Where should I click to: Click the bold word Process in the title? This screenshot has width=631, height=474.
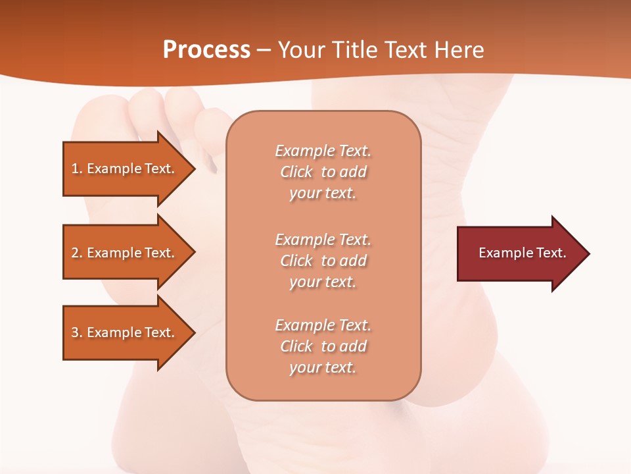coord(206,50)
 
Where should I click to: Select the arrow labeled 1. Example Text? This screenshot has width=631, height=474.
coord(125,169)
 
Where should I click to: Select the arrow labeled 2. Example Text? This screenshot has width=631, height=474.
coord(125,252)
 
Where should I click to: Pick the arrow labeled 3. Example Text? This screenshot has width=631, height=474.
coord(125,332)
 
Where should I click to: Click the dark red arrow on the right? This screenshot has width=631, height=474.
coord(519,253)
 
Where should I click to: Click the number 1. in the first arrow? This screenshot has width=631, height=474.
coord(77,169)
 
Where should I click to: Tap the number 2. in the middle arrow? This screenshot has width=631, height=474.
coord(77,253)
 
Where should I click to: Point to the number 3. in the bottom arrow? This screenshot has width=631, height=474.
coord(77,332)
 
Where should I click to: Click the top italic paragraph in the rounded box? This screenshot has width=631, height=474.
coord(323,172)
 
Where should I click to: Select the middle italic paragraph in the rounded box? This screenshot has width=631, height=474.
coord(323,260)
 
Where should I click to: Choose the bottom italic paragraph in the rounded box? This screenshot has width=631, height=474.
coord(323,346)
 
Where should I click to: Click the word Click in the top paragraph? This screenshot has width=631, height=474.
coord(296,172)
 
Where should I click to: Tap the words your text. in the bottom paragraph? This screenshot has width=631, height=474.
coord(323,368)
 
